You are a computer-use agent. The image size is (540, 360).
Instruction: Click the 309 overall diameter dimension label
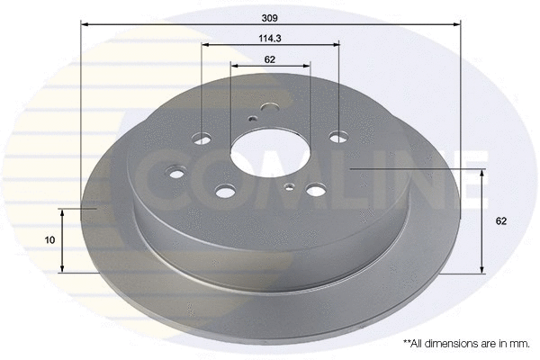click(270, 17)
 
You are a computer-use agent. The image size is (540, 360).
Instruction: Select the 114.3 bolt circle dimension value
click(270, 38)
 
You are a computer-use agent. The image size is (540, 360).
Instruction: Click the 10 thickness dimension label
click(50, 239)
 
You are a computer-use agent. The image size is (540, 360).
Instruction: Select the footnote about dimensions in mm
click(465, 343)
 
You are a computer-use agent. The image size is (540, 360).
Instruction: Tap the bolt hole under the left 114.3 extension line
click(201, 137)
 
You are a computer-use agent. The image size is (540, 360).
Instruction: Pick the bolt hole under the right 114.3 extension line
click(337, 138)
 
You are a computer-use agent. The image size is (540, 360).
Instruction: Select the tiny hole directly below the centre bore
click(289, 186)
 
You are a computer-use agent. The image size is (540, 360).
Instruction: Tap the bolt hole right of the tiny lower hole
click(317, 190)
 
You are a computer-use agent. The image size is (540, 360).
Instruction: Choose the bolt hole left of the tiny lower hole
click(224, 191)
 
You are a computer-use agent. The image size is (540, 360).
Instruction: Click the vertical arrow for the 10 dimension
click(62, 239)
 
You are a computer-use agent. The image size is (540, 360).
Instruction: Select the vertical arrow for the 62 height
click(484, 220)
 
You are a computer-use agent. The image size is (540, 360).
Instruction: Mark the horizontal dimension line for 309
click(270, 25)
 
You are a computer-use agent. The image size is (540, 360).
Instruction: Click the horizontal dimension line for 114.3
click(270, 45)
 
